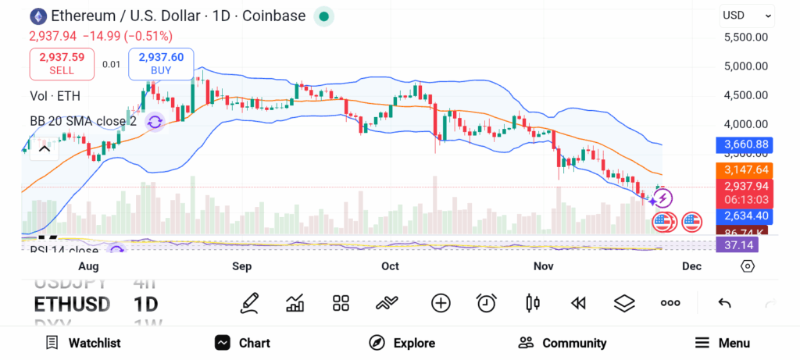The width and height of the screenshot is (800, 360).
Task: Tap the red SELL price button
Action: tap(62, 63)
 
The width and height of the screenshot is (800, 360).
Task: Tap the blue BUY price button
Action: tap(161, 63)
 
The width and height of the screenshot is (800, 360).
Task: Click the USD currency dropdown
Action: tap(746, 15)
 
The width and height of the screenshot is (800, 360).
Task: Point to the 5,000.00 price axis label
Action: tap(745, 66)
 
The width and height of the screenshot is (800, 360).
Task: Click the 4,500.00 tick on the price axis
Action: tap(745, 94)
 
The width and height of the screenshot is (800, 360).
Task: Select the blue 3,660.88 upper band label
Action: tap(747, 144)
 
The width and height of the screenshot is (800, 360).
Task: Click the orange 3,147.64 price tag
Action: tap(747, 169)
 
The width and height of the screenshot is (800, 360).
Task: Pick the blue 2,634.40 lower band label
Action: tap(747, 216)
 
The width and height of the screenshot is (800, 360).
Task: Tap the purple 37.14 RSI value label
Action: tap(738, 245)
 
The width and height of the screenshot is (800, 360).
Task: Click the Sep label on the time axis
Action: tap(242, 266)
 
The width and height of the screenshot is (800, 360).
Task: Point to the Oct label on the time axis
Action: tap(390, 266)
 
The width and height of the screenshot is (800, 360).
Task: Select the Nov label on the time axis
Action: tap(543, 266)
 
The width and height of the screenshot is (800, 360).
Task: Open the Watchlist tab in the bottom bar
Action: tap(84, 343)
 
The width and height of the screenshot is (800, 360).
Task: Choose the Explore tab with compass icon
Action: tap(402, 343)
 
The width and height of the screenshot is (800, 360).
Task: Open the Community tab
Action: tap(562, 343)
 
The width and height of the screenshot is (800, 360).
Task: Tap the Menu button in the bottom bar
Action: tap(722, 343)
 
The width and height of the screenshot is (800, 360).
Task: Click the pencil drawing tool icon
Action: tap(249, 303)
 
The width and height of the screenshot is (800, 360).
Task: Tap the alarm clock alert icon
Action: tap(487, 303)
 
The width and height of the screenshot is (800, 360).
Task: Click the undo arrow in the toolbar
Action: tap(724, 303)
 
